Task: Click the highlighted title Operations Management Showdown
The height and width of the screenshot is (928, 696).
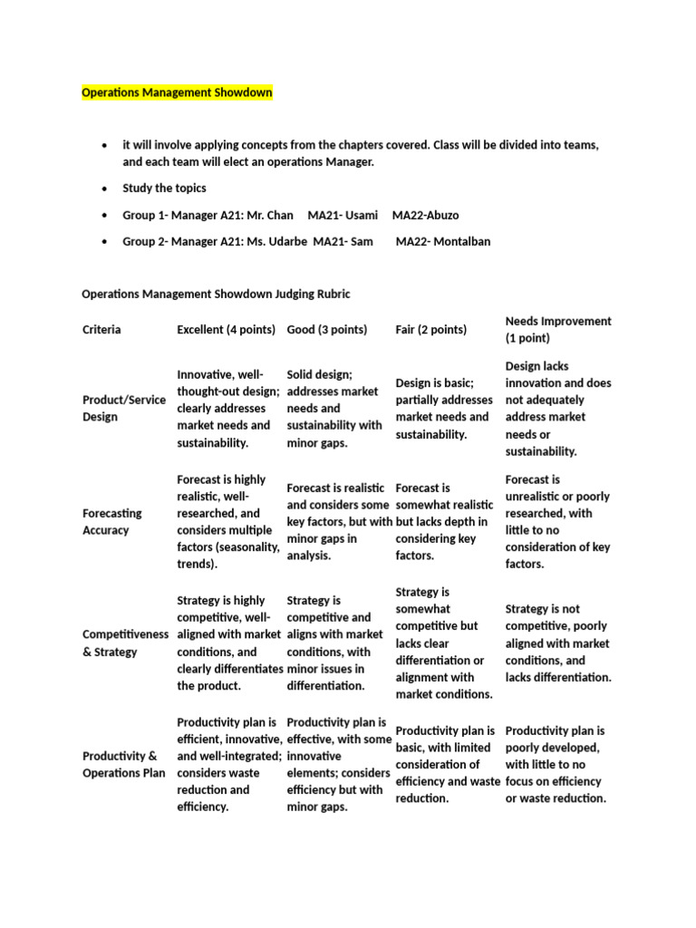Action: [x=177, y=92]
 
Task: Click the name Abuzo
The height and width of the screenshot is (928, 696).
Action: [x=439, y=215]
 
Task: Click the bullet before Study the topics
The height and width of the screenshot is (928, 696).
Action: [x=106, y=188]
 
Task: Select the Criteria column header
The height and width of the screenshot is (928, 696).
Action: [x=101, y=330]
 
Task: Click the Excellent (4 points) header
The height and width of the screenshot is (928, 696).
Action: [x=226, y=330]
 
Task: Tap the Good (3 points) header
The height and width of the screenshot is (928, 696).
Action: [x=326, y=330]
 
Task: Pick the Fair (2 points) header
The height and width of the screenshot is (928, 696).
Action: [x=430, y=330]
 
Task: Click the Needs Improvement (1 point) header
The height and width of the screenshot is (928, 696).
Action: [x=557, y=330]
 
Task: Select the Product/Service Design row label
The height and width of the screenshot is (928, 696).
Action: [x=122, y=409]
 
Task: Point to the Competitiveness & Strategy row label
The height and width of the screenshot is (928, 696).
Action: [x=125, y=643]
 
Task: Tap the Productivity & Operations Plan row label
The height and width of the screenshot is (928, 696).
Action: [x=123, y=764]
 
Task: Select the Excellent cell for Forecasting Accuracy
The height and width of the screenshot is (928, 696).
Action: [x=227, y=521]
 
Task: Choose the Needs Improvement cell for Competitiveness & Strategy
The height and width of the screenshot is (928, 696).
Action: [x=557, y=643]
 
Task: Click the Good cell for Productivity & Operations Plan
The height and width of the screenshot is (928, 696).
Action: [x=336, y=764]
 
